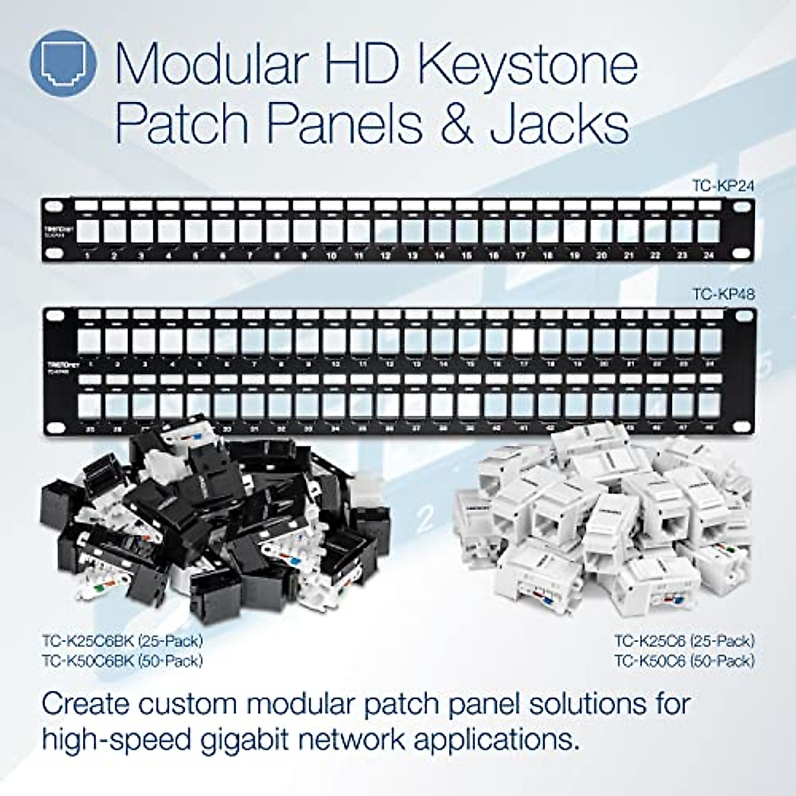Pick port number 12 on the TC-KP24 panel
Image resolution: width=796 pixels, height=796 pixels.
[385, 255]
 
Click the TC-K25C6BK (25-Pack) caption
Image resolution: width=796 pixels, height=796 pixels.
[122, 641]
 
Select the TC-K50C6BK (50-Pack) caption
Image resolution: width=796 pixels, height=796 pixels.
[122, 661]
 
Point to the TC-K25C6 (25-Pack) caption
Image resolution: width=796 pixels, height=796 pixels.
[684, 641]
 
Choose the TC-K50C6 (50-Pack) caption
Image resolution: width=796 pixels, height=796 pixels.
[684, 661]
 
